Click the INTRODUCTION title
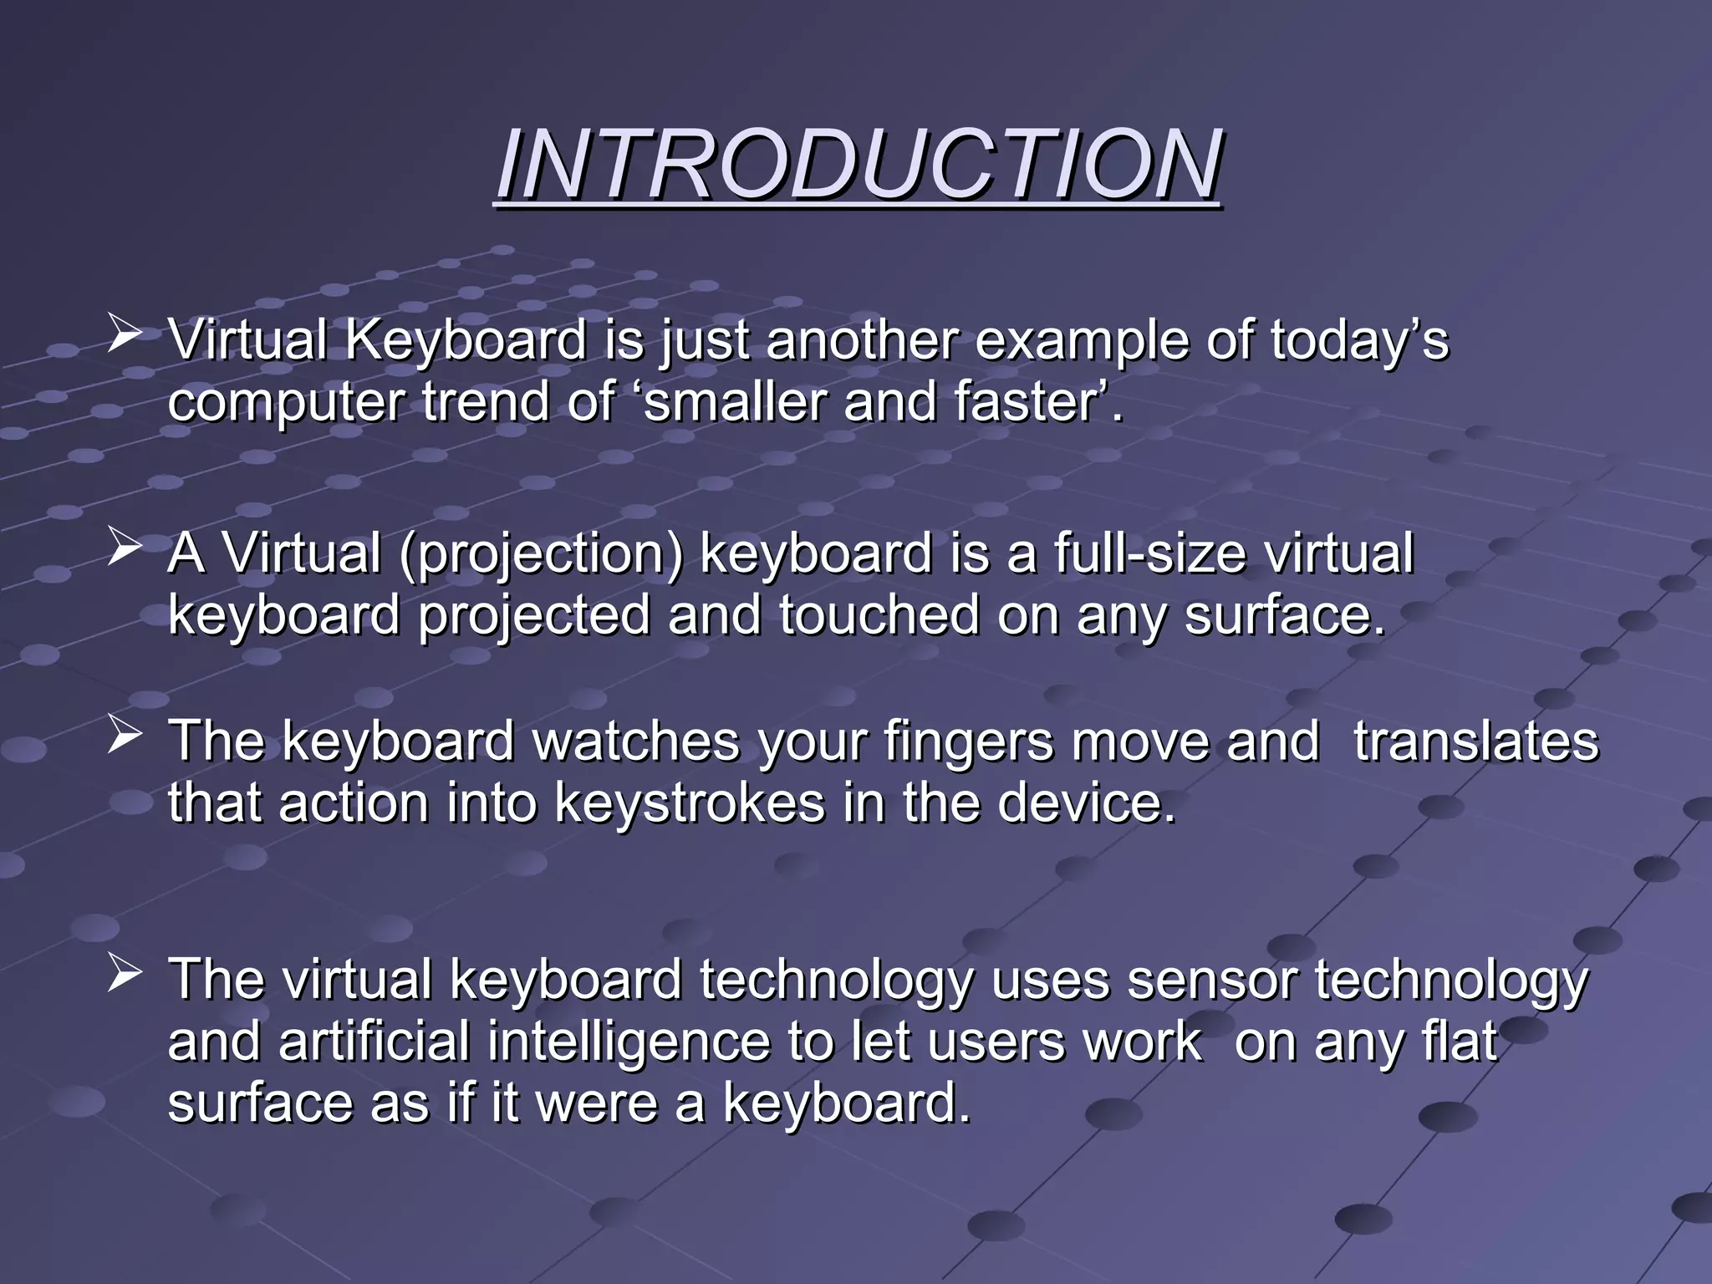(x=859, y=165)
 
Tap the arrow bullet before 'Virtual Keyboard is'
(x=124, y=334)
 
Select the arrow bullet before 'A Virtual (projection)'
(x=124, y=548)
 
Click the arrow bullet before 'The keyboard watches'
(x=124, y=736)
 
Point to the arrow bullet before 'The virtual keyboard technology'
(x=124, y=975)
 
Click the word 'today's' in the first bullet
(x=1358, y=340)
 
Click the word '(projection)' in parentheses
(x=541, y=554)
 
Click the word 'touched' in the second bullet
(x=879, y=616)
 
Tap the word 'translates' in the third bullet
(x=1475, y=742)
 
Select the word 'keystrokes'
(x=690, y=803)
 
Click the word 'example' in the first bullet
(x=1080, y=342)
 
